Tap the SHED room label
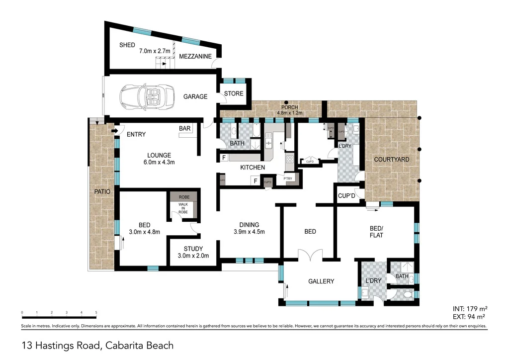(x=127, y=45)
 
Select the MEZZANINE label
(x=196, y=57)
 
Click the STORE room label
(x=234, y=93)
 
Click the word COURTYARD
(x=392, y=160)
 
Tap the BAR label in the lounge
(x=185, y=129)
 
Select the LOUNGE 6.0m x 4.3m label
(x=159, y=159)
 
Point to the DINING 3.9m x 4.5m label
(x=249, y=228)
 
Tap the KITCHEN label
(x=253, y=168)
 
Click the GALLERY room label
(x=321, y=281)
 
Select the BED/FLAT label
(x=376, y=232)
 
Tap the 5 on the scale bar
(x=96, y=313)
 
